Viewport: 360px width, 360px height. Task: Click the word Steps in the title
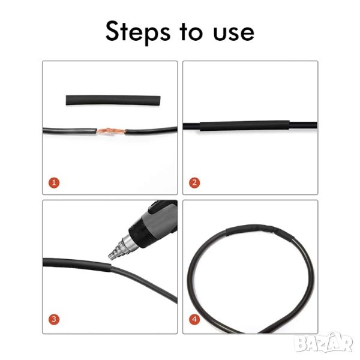138,32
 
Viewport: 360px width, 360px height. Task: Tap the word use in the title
233,33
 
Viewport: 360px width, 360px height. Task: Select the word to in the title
191,32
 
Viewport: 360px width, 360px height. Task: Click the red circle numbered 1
54,183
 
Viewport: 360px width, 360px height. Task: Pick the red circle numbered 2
194,183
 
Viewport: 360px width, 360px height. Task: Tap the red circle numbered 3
54,319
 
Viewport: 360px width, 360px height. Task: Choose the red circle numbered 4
194,319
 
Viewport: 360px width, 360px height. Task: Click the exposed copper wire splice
111,131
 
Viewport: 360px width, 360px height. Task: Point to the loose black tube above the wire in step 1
113,100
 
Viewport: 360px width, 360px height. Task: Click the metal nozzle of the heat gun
123,248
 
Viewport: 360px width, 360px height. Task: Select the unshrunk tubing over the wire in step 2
245,125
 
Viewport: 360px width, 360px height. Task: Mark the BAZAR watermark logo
324,343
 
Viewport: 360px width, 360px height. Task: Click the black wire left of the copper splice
70,131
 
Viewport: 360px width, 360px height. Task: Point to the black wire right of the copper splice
151,131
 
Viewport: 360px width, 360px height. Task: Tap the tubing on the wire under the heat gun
77,264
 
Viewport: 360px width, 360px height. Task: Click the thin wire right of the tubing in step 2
303,125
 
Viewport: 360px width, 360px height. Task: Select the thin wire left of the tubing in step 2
191,126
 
